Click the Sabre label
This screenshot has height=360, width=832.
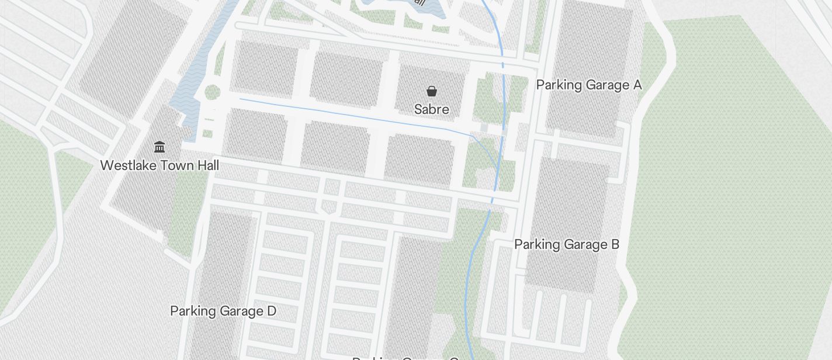(431, 109)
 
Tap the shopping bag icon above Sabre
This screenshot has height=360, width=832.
(431, 91)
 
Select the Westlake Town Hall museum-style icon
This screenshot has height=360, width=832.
(160, 147)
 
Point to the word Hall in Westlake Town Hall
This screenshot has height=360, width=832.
(208, 165)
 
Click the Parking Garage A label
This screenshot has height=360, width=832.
(588, 85)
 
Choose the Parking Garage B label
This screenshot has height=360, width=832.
(566, 244)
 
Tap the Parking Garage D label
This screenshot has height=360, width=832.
(223, 311)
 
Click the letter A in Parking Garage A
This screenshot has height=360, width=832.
(637, 85)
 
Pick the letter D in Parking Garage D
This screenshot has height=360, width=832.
(271, 311)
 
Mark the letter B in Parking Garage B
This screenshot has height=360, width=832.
(615, 244)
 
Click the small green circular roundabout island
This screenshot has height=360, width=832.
(212, 92)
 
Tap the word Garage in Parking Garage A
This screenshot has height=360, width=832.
(605, 85)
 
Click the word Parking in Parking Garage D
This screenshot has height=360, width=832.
(191, 311)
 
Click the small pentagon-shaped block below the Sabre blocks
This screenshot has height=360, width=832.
(328, 206)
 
